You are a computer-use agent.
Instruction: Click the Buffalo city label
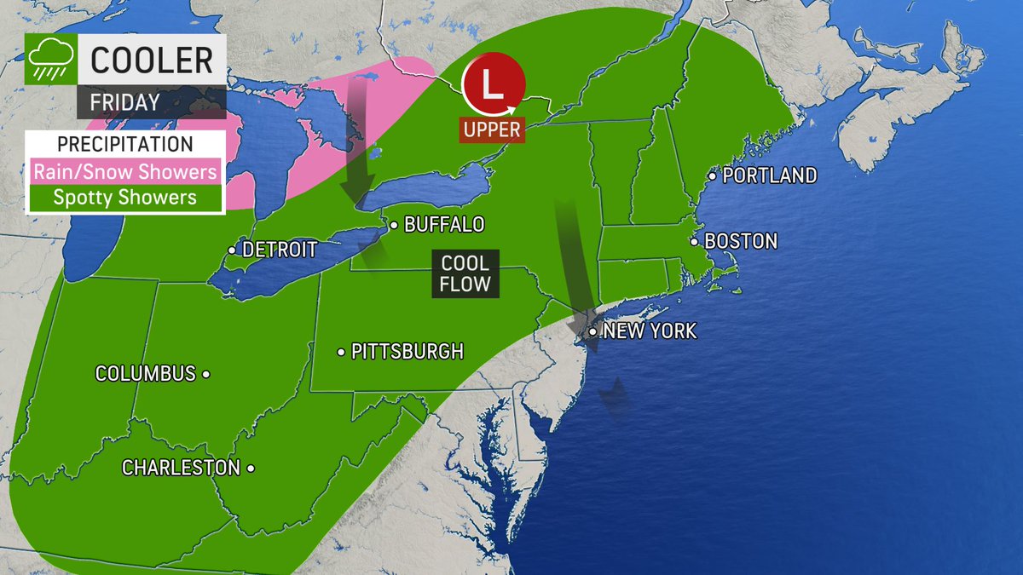click(x=443, y=225)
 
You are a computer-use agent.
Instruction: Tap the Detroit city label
click(x=280, y=250)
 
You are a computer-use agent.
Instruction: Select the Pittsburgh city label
click(x=407, y=351)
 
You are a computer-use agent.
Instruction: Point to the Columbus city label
click(x=145, y=373)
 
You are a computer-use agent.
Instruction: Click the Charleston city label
click(x=181, y=468)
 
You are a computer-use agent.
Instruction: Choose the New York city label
click(x=650, y=331)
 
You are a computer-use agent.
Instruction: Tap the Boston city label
click(x=741, y=241)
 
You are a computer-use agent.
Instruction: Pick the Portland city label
click(x=770, y=175)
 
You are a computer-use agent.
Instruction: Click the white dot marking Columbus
click(x=206, y=373)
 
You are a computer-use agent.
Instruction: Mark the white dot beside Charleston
click(x=251, y=468)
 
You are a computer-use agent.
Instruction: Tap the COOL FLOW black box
click(x=465, y=273)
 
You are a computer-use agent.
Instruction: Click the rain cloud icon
click(x=50, y=60)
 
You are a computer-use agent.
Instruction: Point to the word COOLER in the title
click(x=152, y=60)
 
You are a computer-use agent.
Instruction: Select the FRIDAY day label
click(x=125, y=102)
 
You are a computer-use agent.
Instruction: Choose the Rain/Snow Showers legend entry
click(x=124, y=171)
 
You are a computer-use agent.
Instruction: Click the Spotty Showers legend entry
click(x=124, y=198)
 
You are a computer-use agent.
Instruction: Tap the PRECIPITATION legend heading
click(x=124, y=144)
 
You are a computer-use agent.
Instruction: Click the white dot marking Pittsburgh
click(x=340, y=351)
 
